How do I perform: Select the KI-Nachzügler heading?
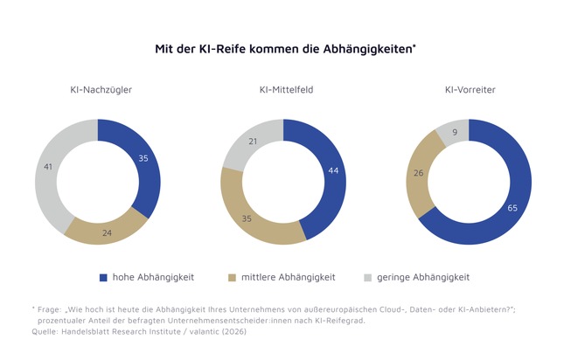click(x=98, y=90)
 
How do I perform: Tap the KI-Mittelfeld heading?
click(x=283, y=90)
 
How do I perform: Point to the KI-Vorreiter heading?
click(x=468, y=90)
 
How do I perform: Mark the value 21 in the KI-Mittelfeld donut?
click(x=253, y=141)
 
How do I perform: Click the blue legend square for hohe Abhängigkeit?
click(x=103, y=277)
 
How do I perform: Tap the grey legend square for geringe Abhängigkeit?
click(x=367, y=277)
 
